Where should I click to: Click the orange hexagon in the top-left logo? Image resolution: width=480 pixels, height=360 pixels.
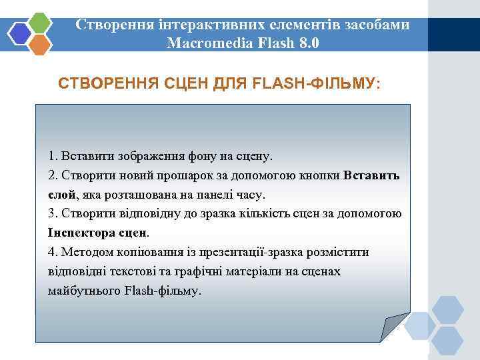coord(41,45)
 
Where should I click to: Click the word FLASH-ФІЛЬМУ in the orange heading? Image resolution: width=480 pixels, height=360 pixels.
coord(317,84)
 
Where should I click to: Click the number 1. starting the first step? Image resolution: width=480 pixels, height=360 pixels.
coord(53,156)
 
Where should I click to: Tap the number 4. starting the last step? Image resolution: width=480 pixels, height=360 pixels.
coord(53,253)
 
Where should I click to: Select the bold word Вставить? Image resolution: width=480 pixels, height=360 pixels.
coord(372,175)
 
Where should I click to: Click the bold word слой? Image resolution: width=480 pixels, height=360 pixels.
coord(62,195)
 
